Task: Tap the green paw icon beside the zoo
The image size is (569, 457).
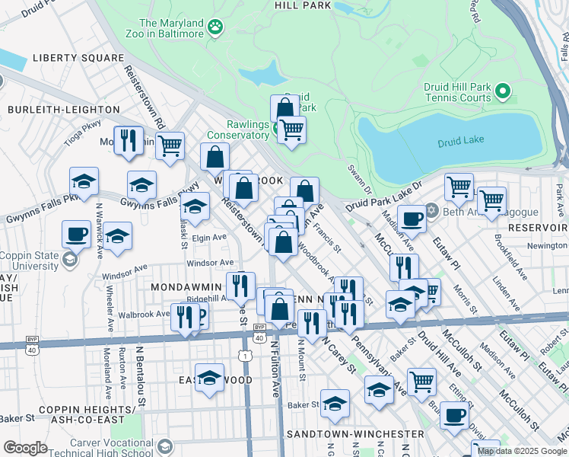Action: click(217, 28)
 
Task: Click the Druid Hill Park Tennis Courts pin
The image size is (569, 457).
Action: click(502, 92)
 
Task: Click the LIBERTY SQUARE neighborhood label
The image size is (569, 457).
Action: click(78, 58)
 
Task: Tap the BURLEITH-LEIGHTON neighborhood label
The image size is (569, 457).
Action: click(53, 110)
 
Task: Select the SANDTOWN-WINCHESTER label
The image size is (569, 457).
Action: click(344, 433)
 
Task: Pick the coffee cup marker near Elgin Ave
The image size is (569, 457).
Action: click(76, 233)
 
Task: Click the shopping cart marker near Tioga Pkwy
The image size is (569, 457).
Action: click(170, 144)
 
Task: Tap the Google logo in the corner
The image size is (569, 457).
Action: click(25, 447)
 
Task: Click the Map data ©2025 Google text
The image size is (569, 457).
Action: click(523, 451)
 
